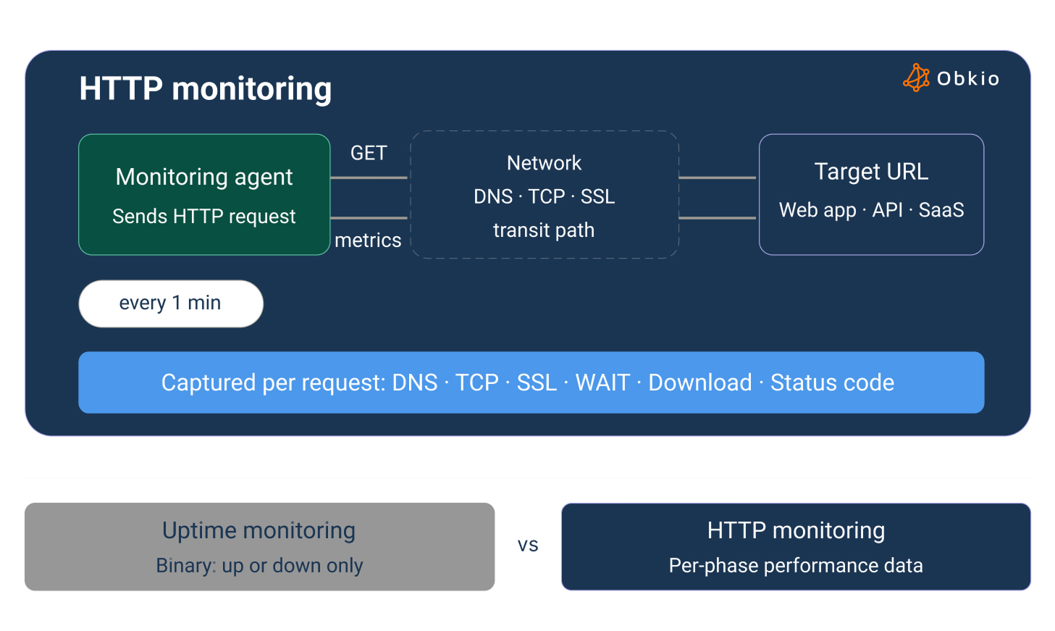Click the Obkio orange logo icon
916,78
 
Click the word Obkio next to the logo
967,78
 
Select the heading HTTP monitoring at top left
205,88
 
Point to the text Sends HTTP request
204,216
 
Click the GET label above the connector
369,153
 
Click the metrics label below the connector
368,240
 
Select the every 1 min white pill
170,303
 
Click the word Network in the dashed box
544,163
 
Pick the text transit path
544,230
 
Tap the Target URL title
871,172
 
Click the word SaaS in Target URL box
941,210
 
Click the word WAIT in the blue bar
602,383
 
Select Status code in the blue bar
832,383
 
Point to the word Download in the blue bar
699,383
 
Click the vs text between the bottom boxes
528,546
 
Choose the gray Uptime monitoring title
259,530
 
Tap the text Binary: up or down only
259,565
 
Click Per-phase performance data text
796,565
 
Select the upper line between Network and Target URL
718,177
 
